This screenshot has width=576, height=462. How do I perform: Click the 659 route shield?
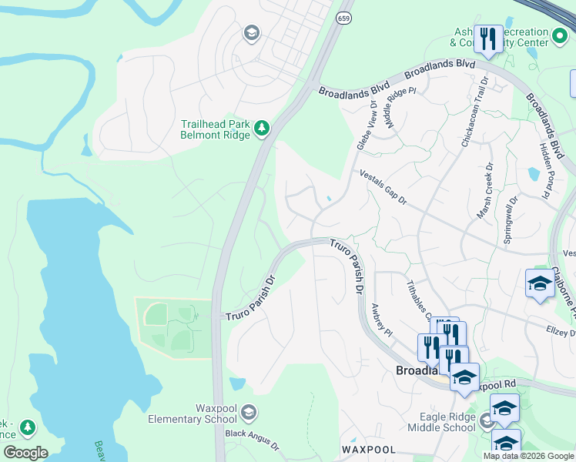pyautogui.click(x=344, y=17)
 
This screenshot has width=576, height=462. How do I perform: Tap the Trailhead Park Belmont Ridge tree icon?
pyautogui.click(x=263, y=128)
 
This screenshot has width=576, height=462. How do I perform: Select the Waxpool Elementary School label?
pyautogui.click(x=192, y=413)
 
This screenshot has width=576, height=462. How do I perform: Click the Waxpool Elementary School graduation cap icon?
pyautogui.click(x=249, y=413)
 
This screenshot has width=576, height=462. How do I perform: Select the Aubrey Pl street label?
pyautogui.click(x=382, y=317)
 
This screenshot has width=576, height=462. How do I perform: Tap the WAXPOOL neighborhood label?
pyautogui.click(x=369, y=450)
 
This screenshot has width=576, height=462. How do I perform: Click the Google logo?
pyautogui.click(x=25, y=453)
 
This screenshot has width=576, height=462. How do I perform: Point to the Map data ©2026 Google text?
pyautogui.click(x=527, y=456)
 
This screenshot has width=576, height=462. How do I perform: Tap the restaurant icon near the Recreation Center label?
pyautogui.click(x=488, y=38)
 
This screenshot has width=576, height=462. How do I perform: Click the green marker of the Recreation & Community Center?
pyautogui.click(x=560, y=35)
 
